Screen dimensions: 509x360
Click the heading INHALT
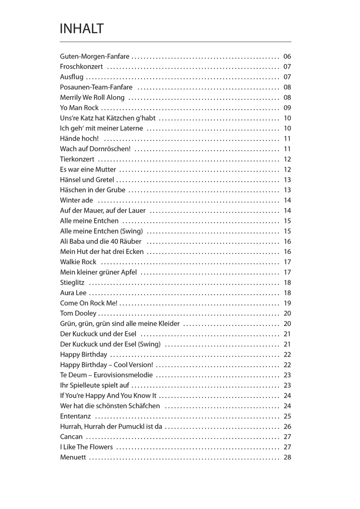click(x=81, y=29)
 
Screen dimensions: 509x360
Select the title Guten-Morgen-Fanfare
click(x=95, y=56)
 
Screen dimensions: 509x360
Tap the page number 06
click(x=287, y=56)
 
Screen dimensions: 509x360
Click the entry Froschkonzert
click(x=81, y=67)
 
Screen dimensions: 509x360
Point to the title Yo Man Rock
click(x=79, y=108)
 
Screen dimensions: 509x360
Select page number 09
click(x=287, y=108)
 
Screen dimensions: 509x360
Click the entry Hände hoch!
click(x=79, y=138)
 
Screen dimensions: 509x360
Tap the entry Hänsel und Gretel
click(x=87, y=180)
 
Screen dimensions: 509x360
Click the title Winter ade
click(x=76, y=200)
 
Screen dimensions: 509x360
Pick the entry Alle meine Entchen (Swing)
click(x=101, y=231)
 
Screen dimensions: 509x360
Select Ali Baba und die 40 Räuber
click(x=101, y=241)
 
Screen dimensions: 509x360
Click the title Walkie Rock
click(x=78, y=262)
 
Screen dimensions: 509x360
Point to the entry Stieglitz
click(x=72, y=282)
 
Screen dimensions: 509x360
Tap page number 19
click(x=287, y=303)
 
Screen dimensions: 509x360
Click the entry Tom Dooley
click(x=78, y=314)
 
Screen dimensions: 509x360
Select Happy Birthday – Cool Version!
click(x=106, y=365)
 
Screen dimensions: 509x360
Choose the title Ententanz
click(x=75, y=416)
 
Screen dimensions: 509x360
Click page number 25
click(x=287, y=416)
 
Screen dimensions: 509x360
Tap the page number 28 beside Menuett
click(x=287, y=457)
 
